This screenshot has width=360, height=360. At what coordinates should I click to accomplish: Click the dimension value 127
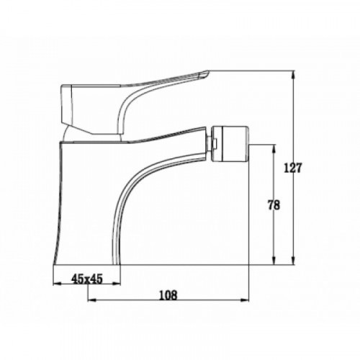click(x=292, y=168)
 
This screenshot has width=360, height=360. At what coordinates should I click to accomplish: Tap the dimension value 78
click(x=274, y=205)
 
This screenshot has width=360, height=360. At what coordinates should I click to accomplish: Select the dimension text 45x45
click(x=87, y=279)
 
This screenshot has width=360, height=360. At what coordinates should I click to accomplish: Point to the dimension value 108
click(x=168, y=295)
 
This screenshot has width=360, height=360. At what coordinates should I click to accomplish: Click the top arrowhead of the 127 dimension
click(x=293, y=75)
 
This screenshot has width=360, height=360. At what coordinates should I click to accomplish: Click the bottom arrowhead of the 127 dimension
click(x=293, y=261)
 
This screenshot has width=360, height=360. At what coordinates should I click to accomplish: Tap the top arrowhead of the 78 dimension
click(x=274, y=149)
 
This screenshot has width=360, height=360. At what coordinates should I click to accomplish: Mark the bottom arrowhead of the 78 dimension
click(x=274, y=261)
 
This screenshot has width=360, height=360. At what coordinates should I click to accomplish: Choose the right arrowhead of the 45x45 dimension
click(x=116, y=284)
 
